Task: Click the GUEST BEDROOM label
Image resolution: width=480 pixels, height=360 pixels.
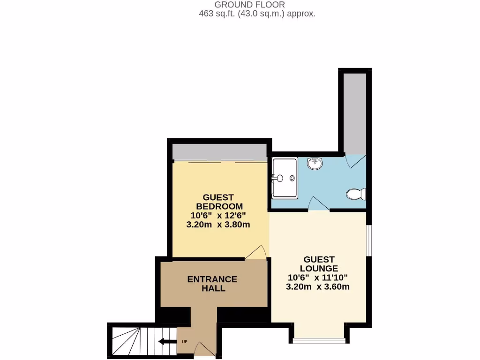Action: pos(219,202)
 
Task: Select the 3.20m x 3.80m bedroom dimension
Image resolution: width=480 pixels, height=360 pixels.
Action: pos(218,225)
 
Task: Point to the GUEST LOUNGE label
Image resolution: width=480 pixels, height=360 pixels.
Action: pos(319,264)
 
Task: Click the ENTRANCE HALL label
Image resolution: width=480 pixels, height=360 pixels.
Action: pos(212,284)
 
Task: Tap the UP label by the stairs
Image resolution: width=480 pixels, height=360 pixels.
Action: pos(184,341)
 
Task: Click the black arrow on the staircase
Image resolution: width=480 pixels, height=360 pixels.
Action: pos(167,341)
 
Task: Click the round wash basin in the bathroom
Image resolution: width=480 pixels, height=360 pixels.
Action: pos(315,164)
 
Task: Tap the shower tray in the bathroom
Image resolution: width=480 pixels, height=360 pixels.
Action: pos(284,178)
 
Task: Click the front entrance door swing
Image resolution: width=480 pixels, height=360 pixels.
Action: pos(203,349)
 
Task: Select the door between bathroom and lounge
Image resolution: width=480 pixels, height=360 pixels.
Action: pos(319,204)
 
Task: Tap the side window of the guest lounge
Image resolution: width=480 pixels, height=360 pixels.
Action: pos(368,240)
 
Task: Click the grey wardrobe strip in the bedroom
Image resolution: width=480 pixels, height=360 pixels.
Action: pos(219,152)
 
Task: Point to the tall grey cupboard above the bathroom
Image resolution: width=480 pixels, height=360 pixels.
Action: pos(354,112)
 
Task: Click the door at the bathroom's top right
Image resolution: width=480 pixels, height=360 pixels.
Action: pos(354,160)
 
